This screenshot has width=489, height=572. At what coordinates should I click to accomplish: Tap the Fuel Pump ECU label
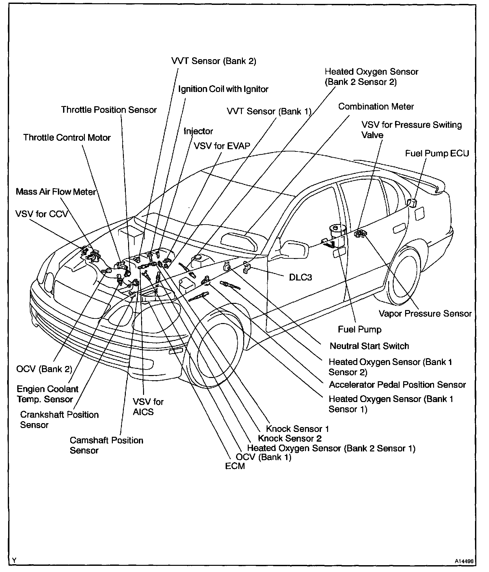pos(437,153)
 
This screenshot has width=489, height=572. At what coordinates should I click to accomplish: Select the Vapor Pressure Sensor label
pos(425,314)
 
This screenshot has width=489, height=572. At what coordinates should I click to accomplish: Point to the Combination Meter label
pos(376,107)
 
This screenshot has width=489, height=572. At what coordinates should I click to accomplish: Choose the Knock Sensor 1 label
pos(297,429)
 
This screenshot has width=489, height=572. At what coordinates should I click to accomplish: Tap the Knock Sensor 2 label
pos(289,438)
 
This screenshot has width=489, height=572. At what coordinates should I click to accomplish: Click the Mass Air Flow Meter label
pos(56,192)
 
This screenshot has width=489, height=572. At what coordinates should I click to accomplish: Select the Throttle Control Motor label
pos(67,137)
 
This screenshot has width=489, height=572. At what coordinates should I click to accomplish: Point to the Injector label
pos(198,131)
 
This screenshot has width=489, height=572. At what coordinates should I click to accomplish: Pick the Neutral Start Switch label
pos(369,346)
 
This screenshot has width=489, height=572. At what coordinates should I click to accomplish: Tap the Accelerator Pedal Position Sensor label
pos(397,384)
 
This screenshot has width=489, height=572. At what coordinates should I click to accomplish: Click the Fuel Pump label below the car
pos(360,329)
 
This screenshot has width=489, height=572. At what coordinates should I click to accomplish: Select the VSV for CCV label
pos(41,214)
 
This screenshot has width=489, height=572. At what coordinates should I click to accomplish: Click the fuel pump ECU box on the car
pos(413,202)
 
